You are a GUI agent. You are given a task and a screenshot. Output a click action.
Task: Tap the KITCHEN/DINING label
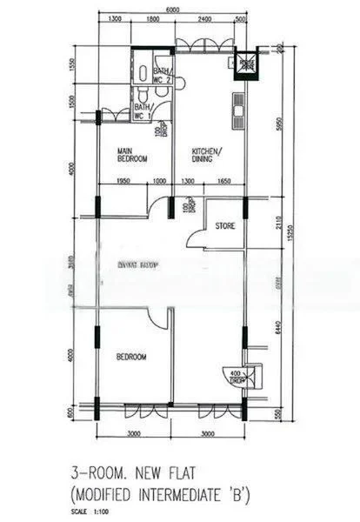207,155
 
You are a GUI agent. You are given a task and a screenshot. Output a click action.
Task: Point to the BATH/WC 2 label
163,76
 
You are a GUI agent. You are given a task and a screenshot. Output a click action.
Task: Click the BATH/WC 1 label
143,110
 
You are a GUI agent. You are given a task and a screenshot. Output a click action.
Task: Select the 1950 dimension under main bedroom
123,180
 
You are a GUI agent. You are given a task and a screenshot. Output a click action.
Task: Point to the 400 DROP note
236,378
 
